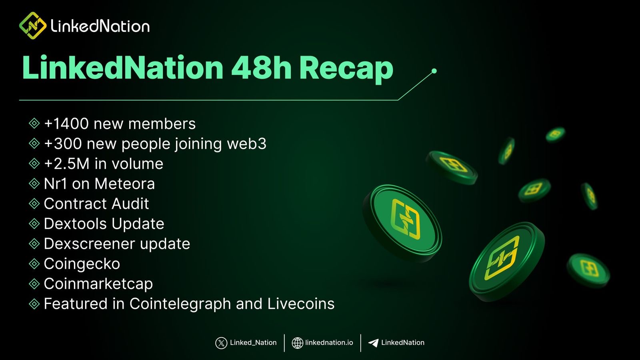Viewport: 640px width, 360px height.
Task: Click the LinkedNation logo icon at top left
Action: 33,26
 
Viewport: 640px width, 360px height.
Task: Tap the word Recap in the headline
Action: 346,69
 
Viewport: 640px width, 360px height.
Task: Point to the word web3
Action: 246,144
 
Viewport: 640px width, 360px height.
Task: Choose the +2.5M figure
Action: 66,164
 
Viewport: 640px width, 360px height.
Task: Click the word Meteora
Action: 124,184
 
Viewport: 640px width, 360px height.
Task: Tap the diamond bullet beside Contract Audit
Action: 34,204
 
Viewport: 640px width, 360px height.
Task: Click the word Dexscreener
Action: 89,244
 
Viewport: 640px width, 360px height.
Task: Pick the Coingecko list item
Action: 82,264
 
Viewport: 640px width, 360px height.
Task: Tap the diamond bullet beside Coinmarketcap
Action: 34,284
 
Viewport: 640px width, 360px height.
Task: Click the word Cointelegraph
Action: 180,304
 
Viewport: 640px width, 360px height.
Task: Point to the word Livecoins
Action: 301,304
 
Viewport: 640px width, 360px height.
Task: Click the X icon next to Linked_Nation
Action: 221,343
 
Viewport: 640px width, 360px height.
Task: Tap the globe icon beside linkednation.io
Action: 297,343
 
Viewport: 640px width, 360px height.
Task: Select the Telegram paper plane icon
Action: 373,343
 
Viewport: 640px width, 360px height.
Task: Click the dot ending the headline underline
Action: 434,71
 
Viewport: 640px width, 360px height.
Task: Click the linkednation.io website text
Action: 329,342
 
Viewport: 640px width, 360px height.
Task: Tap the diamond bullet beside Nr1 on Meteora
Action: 34,184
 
